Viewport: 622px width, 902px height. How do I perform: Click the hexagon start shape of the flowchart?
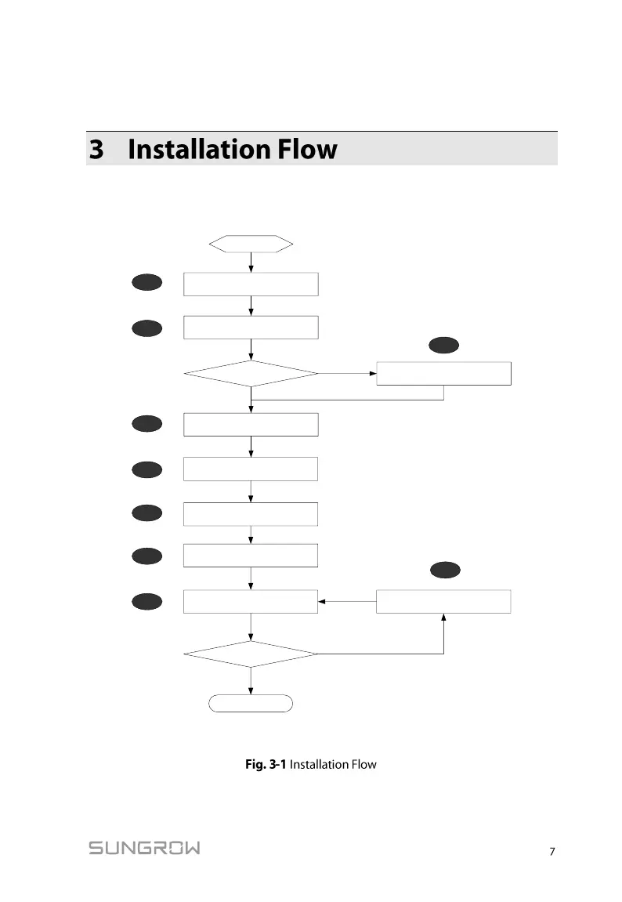pyautogui.click(x=251, y=244)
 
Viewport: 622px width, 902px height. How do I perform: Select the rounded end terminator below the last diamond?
pyautogui.click(x=251, y=703)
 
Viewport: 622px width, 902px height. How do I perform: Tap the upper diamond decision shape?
pyautogui.click(x=251, y=374)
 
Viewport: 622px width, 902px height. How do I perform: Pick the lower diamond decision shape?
pyautogui.click(x=251, y=653)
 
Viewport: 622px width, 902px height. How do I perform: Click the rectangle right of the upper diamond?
pyautogui.click(x=444, y=374)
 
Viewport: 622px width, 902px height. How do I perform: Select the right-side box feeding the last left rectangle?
pyautogui.click(x=444, y=602)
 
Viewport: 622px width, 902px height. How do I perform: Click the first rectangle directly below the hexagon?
pyautogui.click(x=251, y=284)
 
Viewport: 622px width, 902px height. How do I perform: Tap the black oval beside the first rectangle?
pyautogui.click(x=147, y=283)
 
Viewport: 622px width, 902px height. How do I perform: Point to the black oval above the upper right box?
pyautogui.click(x=444, y=344)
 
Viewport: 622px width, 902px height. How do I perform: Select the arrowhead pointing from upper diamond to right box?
pyautogui.click(x=372, y=374)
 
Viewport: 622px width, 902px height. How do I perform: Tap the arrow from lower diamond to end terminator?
pyautogui.click(x=251, y=680)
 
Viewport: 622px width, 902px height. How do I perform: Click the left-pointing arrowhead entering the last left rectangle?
pyautogui.click(x=323, y=602)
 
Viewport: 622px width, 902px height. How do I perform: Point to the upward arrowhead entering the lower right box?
pyautogui.click(x=444, y=618)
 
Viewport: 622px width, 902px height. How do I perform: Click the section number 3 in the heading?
pyautogui.click(x=96, y=149)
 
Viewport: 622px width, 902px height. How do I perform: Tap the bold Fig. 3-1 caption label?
pyautogui.click(x=266, y=764)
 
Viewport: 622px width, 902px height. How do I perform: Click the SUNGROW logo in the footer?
pyautogui.click(x=144, y=848)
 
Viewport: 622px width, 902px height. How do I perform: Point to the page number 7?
pyautogui.click(x=552, y=852)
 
